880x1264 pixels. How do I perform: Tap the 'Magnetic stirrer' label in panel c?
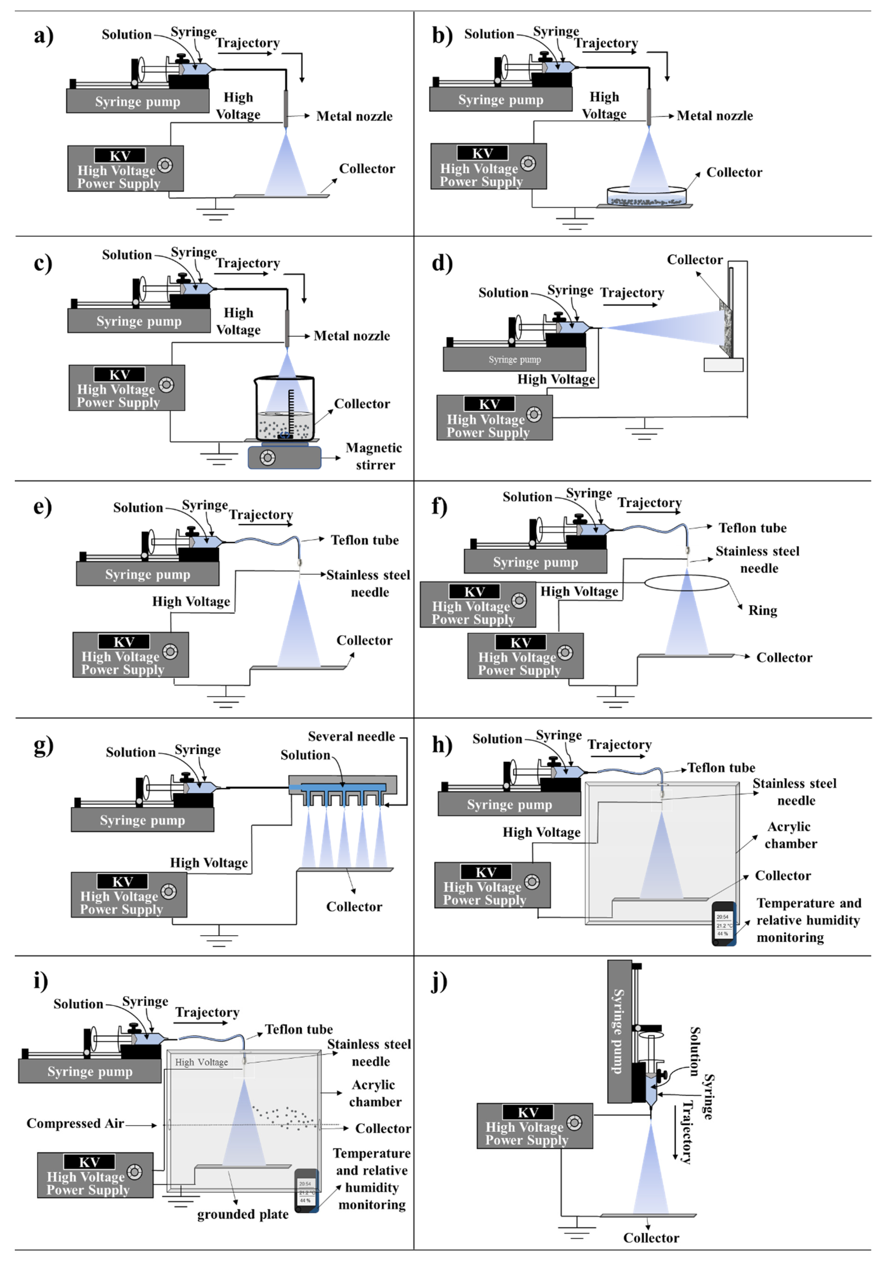click(374, 456)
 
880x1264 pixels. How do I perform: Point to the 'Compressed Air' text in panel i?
click(75, 1123)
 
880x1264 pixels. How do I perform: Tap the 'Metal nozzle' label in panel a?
click(354, 116)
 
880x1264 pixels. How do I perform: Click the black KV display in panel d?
click(489, 404)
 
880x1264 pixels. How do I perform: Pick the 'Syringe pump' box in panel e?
click(148, 574)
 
